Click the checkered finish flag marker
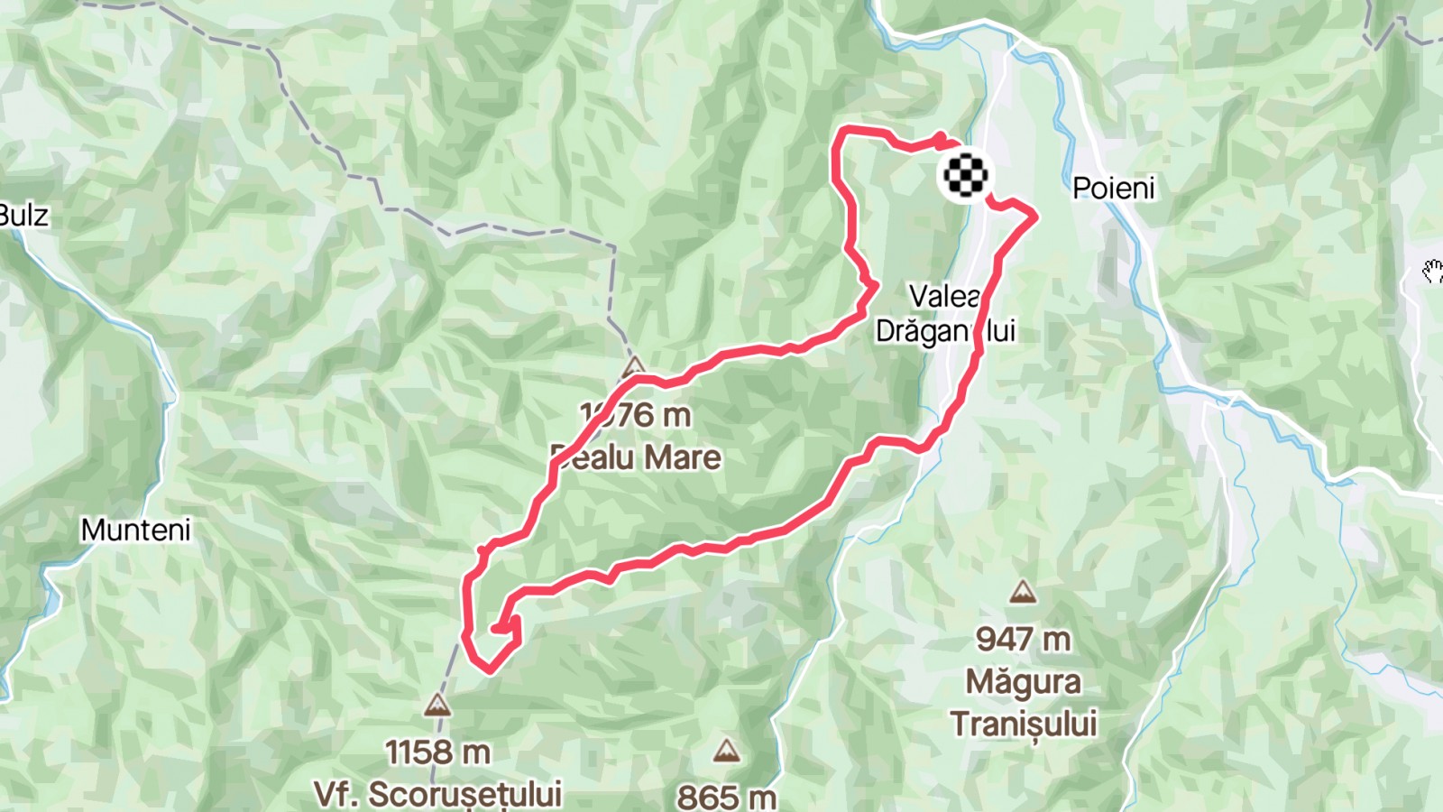[x=965, y=175]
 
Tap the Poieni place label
[x=1113, y=188]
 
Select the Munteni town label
[x=135, y=530]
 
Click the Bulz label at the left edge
[x=23, y=215]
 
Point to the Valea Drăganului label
[x=945, y=313]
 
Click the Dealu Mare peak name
[x=637, y=457]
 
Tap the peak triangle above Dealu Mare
[x=634, y=365]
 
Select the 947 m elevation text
[x=1023, y=639]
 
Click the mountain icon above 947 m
[x=1022, y=592]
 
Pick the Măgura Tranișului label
[x=1023, y=703]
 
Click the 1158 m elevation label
[x=437, y=752]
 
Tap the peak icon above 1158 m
[x=437, y=705]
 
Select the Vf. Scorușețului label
[x=437, y=794]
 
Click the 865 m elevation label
[x=726, y=797]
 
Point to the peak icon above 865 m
[x=726, y=751]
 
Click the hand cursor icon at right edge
[x=1432, y=271]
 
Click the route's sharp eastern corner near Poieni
[x=1034, y=215]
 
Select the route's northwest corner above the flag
[x=841, y=132]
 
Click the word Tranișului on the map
[x=1023, y=724]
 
